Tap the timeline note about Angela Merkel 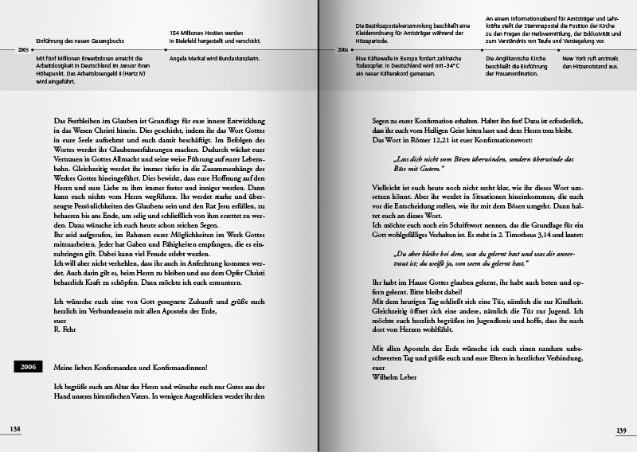[x=207, y=59]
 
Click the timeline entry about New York [x=591, y=63]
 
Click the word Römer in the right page [x=420, y=140]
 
